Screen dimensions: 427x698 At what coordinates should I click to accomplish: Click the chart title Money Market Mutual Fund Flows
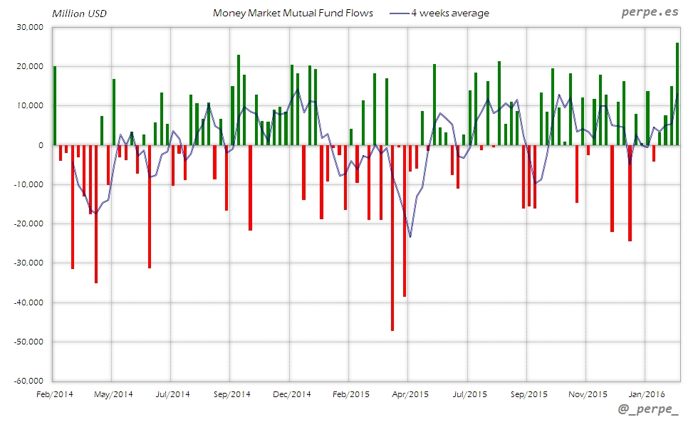[293, 13]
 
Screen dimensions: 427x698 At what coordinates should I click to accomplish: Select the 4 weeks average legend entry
[449, 13]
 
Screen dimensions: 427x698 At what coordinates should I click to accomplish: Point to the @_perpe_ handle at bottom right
[648, 411]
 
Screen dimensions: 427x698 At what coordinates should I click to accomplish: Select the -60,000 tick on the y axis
[29, 381]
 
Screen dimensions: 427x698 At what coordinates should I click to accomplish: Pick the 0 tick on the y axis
[42, 145]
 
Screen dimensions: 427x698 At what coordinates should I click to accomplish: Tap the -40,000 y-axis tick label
[29, 302]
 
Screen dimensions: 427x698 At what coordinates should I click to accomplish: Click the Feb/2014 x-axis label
[54, 394]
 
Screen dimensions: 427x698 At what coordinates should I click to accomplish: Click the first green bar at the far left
[55, 105]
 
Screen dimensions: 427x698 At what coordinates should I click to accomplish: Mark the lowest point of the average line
[410, 237]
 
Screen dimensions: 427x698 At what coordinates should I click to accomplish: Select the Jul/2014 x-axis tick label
[172, 394]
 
